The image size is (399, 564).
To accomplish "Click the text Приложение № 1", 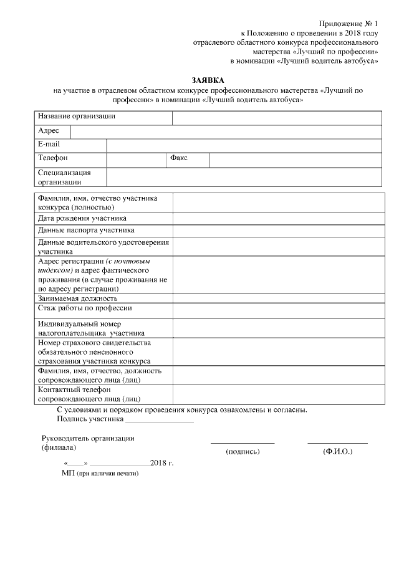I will coord(352,23).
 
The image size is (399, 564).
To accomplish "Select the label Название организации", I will coord(76,117).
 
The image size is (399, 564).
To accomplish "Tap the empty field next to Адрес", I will coord(226,131).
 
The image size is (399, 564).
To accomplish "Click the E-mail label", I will coord(49,145).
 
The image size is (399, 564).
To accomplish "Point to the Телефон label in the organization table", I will coord(53,158).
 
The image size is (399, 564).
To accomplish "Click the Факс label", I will coord(179,158).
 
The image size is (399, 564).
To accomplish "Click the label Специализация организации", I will coord(64,177).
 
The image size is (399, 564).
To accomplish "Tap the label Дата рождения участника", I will coord(82,218).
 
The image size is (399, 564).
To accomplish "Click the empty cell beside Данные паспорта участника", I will coord(277,230).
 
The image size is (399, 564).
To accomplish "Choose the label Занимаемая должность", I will coord(77,298).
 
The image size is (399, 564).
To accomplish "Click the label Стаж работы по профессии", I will coord(85,308).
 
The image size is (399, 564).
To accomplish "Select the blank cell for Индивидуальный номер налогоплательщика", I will coord(277,328).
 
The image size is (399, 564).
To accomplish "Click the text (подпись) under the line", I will coord(243,451).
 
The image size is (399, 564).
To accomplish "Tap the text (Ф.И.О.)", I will coord(337,451).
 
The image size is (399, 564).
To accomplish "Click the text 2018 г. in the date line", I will coord(161,464).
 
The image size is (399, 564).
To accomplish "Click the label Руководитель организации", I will coord(88,438).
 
